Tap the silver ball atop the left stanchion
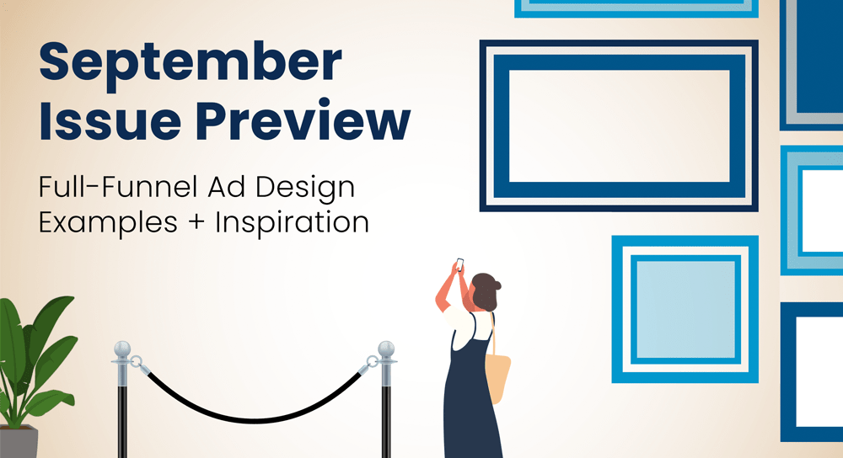123,349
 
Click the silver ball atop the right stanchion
386,349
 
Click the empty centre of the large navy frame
619,125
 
